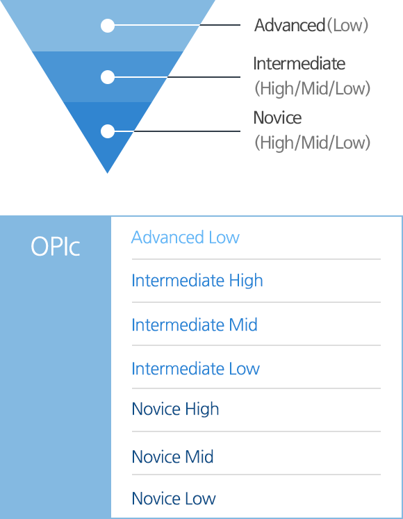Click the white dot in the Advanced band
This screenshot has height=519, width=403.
108,26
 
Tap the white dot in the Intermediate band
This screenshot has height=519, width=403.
108,77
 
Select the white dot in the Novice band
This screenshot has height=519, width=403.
108,131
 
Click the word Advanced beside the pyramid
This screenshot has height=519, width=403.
290,26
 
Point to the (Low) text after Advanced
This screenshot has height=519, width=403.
347,26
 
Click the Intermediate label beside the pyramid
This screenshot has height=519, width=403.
299,63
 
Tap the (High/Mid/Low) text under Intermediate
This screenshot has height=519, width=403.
312,88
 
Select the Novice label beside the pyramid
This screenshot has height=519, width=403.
277,118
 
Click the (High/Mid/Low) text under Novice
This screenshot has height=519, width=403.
312,142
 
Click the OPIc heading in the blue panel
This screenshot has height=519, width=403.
56,247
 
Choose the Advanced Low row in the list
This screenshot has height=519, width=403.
186,238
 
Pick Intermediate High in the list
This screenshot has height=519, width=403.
197,281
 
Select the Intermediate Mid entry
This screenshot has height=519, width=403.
195,324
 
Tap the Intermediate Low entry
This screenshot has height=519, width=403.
196,369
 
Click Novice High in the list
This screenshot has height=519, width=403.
176,409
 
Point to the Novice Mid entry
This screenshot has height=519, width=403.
172,456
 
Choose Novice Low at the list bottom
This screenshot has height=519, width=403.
174,498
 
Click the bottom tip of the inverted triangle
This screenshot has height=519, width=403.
107,173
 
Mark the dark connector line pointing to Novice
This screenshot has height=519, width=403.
187,131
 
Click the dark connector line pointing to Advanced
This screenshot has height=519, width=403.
220,25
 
